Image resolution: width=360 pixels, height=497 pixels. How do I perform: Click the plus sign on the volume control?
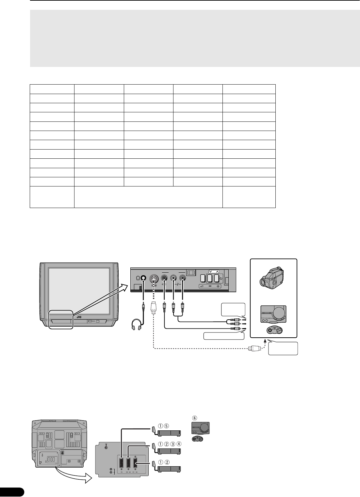218,286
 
